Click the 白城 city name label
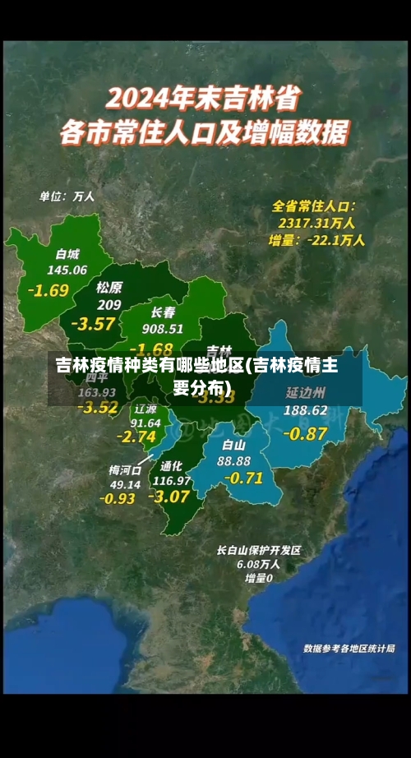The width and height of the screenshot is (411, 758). (x=67, y=253)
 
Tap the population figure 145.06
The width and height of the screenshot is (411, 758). (x=67, y=270)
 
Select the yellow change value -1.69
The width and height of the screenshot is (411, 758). (x=48, y=289)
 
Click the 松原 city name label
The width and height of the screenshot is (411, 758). (x=109, y=287)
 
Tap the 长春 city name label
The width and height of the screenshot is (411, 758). (x=163, y=312)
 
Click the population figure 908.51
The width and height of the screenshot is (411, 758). (x=163, y=329)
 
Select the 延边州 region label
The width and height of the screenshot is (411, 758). (x=306, y=392)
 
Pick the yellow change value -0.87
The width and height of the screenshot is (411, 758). (x=306, y=432)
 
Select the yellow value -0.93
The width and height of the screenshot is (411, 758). (x=117, y=498)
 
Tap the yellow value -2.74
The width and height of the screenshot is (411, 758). (x=136, y=437)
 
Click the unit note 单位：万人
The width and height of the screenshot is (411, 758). (x=67, y=197)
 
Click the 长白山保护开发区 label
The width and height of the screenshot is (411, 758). (x=259, y=550)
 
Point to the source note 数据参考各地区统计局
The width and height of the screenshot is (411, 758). (x=349, y=649)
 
